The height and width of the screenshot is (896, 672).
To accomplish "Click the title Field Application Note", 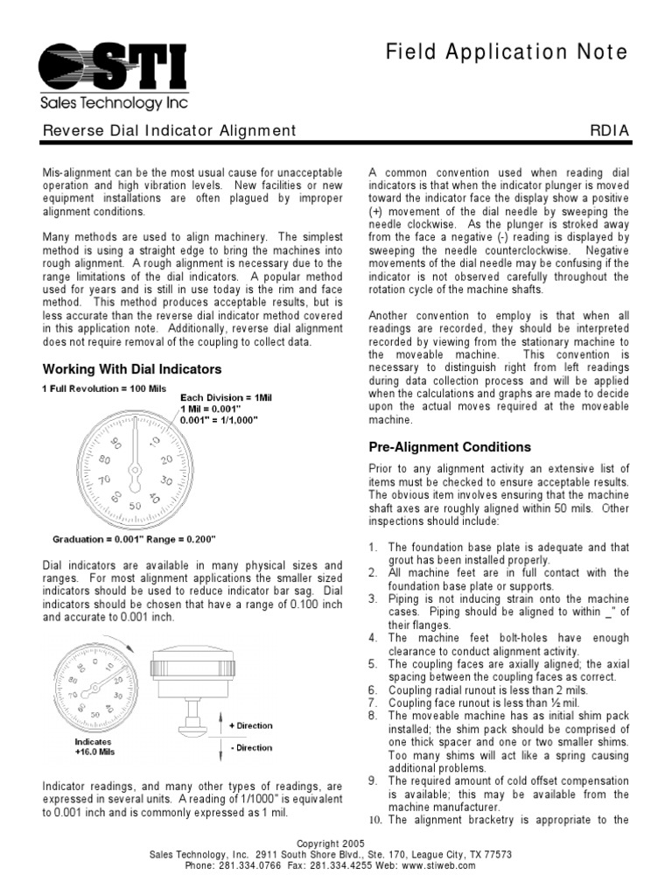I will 507,52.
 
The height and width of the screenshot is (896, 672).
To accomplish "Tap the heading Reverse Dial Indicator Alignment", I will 169,131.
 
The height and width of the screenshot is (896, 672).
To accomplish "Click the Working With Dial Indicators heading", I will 132,369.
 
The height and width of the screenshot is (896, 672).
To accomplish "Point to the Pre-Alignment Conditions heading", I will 450,447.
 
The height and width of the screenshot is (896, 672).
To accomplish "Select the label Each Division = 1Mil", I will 227,397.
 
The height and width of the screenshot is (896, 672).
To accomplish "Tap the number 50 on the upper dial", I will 135,506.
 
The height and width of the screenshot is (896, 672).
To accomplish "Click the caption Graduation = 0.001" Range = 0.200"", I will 134,539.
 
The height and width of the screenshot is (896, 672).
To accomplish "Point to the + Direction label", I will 250,725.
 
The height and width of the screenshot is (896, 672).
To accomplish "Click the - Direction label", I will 250,748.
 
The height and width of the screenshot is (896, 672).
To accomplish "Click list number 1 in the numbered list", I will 372,548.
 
